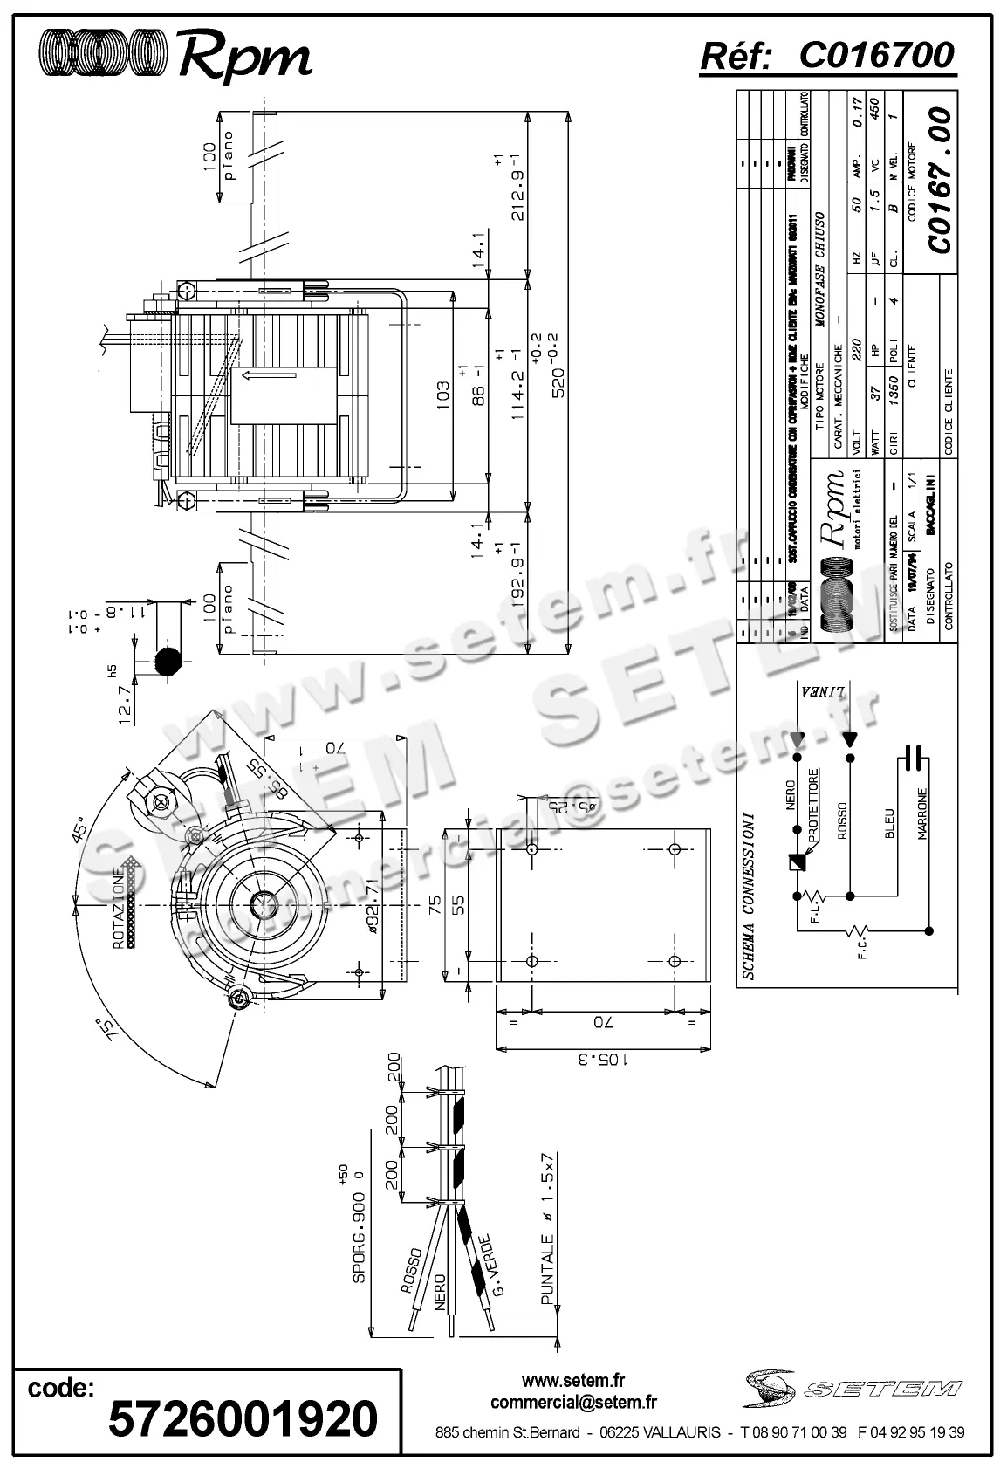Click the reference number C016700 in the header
pos(876,55)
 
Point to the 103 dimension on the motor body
pos(443,395)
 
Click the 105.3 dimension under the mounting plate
pos(600,1060)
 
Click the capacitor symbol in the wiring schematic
pos(914,759)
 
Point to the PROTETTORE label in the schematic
pos(813,805)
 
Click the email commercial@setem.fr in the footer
pos(573,1403)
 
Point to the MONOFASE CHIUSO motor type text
pos(819,269)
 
